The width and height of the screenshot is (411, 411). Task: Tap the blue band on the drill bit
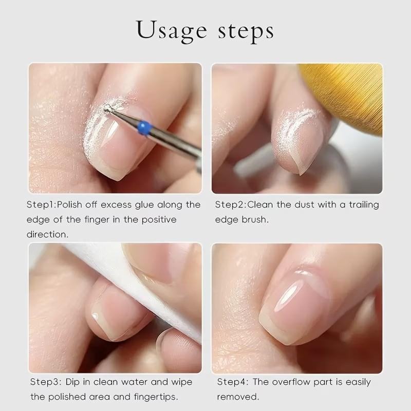[144, 126]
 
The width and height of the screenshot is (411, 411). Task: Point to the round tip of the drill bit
[107, 108]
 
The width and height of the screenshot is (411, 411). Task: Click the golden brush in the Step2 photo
[349, 92]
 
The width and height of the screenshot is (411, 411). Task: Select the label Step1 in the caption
[41, 204]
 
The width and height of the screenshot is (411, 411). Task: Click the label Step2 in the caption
[229, 204]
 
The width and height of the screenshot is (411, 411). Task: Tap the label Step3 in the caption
[45, 382]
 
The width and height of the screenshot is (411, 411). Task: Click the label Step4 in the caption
[232, 382]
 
